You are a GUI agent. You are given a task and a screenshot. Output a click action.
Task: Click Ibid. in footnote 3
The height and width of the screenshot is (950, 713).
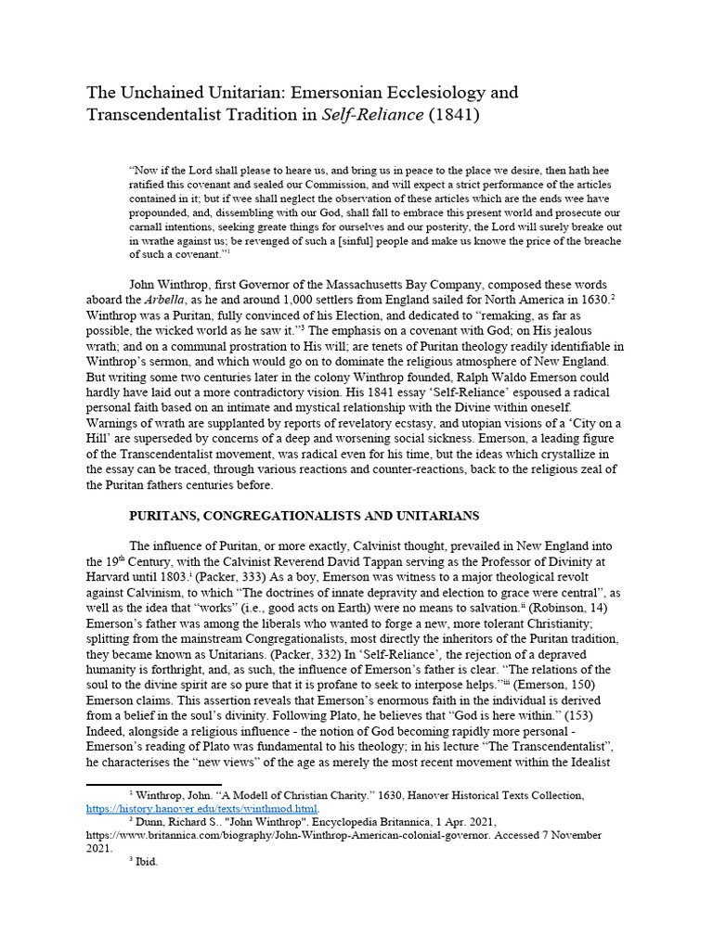pos(148,860)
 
